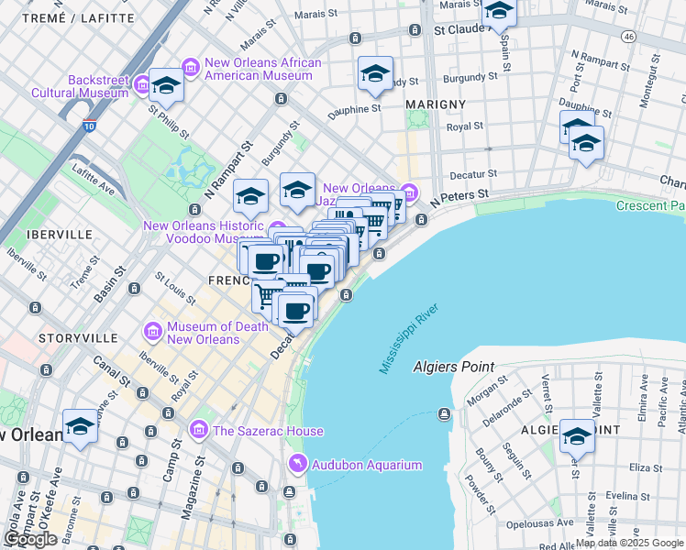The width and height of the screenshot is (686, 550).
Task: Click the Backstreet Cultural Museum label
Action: [79, 86]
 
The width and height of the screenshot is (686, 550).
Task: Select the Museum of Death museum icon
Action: [153, 330]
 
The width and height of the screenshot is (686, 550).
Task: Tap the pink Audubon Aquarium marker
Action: [296, 465]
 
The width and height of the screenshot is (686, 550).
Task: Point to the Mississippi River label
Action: [409, 335]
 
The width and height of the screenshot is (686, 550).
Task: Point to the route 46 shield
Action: [627, 37]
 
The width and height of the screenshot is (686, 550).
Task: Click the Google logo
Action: [30, 539]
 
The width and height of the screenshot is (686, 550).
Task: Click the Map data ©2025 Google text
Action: [630, 543]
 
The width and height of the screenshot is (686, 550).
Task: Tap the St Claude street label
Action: [464, 30]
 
